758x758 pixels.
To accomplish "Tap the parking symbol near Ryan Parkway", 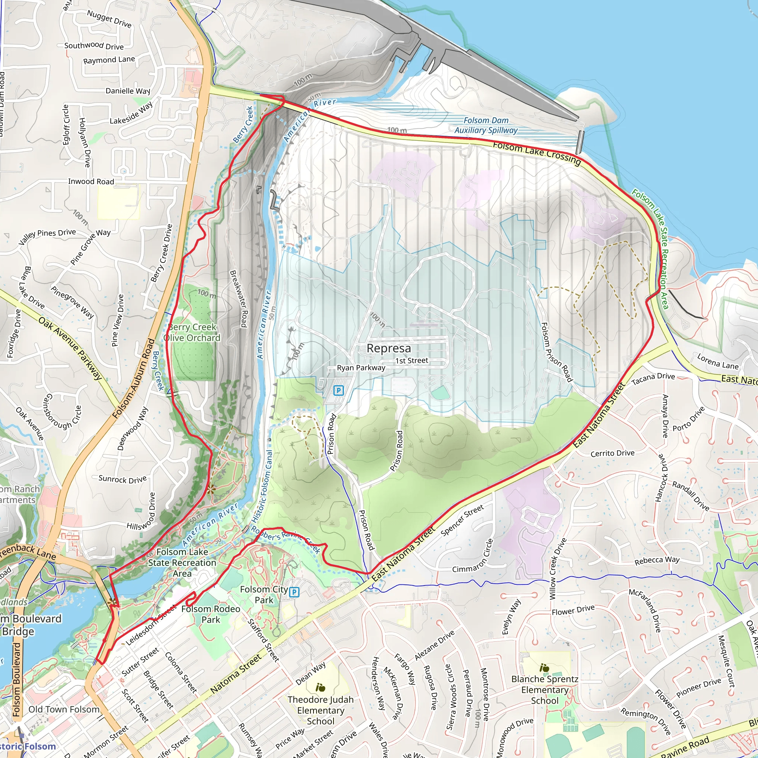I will point(338,390).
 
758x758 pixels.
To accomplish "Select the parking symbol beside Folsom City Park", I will point(294,592).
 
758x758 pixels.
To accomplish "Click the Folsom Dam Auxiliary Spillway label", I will point(486,125).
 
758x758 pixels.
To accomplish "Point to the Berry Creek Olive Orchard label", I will point(192,332).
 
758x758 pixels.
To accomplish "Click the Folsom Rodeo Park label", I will point(211,614).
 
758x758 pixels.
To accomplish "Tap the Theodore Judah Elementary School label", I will point(321,710).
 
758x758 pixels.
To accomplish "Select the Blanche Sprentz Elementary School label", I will point(544,690).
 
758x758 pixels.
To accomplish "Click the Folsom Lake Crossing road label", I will point(536,153).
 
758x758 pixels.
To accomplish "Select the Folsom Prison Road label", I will point(556,352).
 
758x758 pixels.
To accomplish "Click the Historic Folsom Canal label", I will point(262,486).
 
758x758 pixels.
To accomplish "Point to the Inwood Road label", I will point(91,181).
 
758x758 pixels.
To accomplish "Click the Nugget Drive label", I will point(109,19).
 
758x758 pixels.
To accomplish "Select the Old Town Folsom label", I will point(64,710).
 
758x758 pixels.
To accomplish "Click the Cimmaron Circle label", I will point(472,556).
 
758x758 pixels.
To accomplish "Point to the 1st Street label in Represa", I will point(412,360).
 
